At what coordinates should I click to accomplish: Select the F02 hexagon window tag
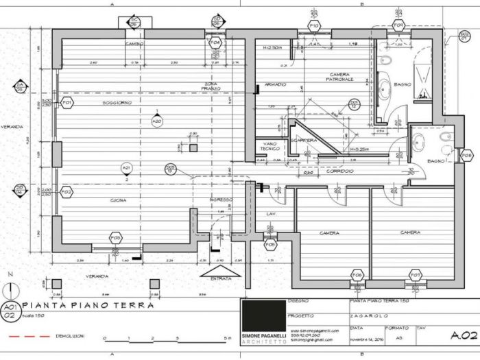(x=67, y=193)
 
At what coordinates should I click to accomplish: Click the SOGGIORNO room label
(x=117, y=103)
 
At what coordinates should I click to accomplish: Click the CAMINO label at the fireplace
(x=132, y=44)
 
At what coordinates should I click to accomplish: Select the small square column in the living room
(x=193, y=147)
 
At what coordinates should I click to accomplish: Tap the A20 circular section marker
(x=156, y=121)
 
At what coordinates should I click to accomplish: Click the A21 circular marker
(x=126, y=168)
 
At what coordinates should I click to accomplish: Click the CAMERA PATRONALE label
(x=341, y=77)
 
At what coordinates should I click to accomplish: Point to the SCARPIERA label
(x=302, y=140)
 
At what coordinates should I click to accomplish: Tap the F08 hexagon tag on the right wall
(x=466, y=156)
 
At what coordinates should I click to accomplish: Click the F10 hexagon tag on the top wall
(x=314, y=25)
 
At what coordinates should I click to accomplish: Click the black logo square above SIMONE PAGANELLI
(x=263, y=315)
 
